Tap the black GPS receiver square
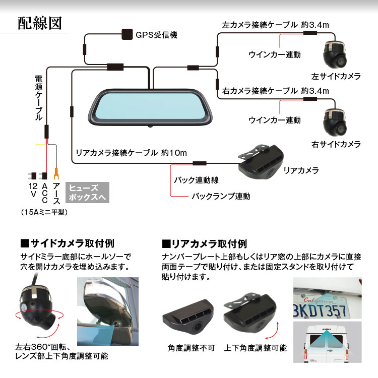[127, 35]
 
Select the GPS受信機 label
[156, 36]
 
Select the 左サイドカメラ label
[336, 77]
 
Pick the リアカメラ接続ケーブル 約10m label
[131, 152]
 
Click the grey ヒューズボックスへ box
[88, 192]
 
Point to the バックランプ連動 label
[220, 196]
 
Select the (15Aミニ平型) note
[45, 213]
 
